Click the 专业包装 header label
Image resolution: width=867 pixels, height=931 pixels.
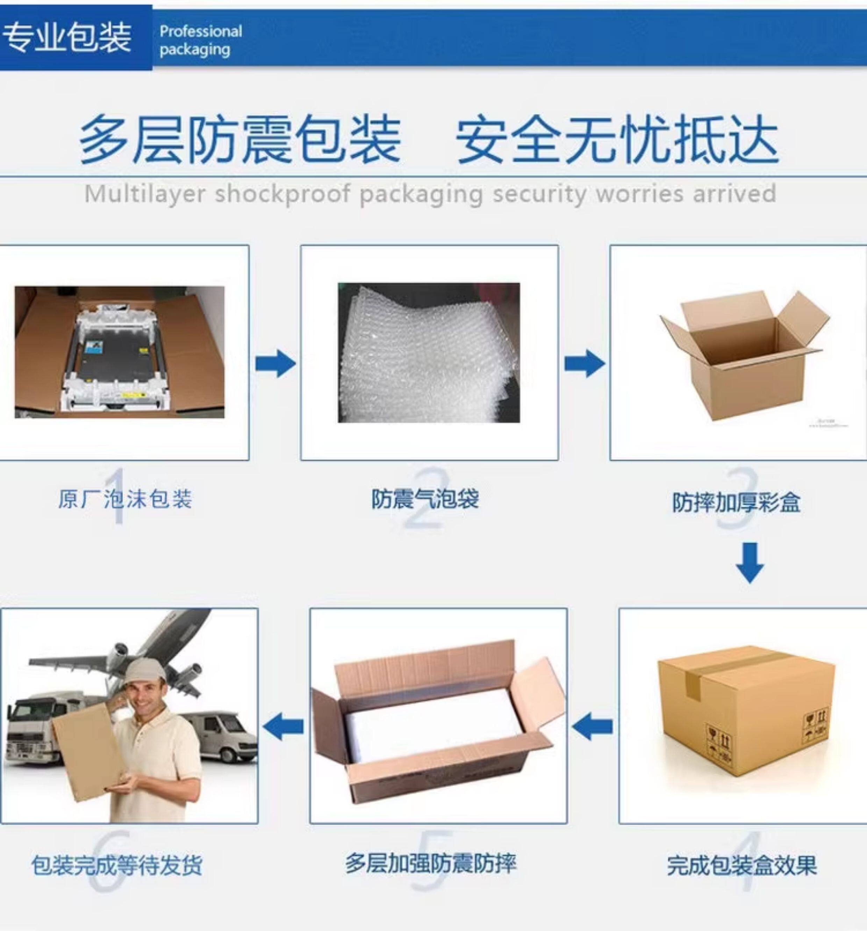click(x=67, y=37)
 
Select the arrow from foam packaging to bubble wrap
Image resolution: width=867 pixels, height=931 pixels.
click(x=275, y=363)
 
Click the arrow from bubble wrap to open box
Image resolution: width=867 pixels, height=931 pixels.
click(x=585, y=363)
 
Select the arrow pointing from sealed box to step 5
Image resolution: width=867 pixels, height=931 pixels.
click(x=592, y=726)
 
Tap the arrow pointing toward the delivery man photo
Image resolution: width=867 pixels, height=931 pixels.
click(x=283, y=726)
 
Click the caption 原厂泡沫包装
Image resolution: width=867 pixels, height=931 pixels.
click(x=125, y=499)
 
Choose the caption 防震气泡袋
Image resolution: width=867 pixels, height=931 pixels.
click(x=425, y=499)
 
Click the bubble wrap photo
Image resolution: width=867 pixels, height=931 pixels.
click(x=429, y=353)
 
